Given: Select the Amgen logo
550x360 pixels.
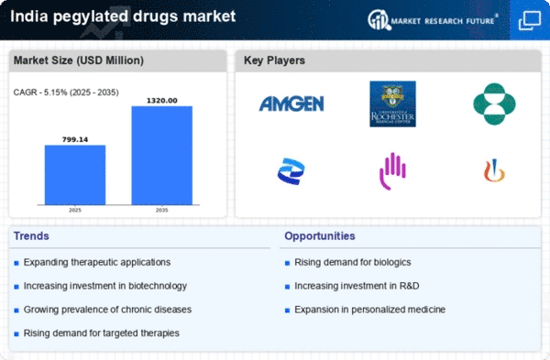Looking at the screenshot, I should [291, 104].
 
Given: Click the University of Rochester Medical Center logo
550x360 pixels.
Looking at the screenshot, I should [392, 104].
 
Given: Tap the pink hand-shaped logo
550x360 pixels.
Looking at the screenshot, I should [391, 169].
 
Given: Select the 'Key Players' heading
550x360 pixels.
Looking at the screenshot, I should [275, 61].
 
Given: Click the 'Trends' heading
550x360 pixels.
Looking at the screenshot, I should [32, 236].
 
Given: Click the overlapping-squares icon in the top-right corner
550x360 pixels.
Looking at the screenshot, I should [529, 18].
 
